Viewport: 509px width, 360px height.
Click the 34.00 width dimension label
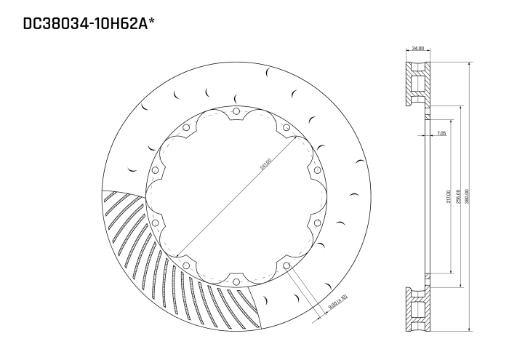tap(417, 49)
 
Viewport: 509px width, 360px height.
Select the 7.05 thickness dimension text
tap(442, 134)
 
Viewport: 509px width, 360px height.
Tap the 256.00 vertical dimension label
tap(457, 197)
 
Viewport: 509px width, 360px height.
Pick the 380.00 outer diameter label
tap(466, 197)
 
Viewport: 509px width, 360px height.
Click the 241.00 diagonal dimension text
tap(264, 165)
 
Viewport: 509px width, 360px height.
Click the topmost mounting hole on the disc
tap(236, 111)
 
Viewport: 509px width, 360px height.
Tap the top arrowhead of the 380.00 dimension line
tap(470, 63)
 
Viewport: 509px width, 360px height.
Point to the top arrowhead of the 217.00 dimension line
tap(452, 107)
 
